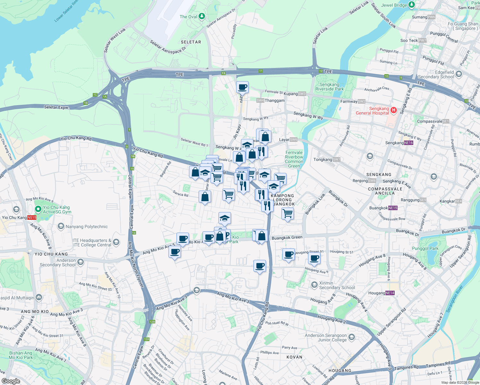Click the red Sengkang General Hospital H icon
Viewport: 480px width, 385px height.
coord(394,110)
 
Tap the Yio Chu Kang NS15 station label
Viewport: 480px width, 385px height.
coord(19,218)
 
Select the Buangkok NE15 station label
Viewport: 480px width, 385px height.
coord(383,208)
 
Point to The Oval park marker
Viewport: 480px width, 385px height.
coord(201,16)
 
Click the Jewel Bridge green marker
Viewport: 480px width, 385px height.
coord(412,5)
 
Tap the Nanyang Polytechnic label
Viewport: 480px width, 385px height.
coord(87,227)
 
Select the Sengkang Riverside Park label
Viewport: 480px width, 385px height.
coord(330,87)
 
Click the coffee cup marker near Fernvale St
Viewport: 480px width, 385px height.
coord(243,87)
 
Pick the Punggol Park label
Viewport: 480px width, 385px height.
coord(425,248)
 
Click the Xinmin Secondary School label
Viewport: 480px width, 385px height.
coord(337,285)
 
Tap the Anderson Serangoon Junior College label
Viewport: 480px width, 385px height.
coord(326,338)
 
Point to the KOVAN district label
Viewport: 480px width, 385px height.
coord(294,357)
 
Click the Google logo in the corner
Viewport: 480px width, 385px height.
coord(11,381)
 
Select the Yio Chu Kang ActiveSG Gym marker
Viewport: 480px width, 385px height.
coord(38,209)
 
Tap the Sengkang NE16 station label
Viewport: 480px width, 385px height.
coord(399,143)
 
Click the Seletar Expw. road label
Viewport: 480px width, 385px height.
coord(56,107)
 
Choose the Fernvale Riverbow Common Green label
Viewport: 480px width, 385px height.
coord(294,159)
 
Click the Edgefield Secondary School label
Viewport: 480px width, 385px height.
coord(436,74)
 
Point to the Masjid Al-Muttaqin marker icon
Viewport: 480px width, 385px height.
coord(39,297)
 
